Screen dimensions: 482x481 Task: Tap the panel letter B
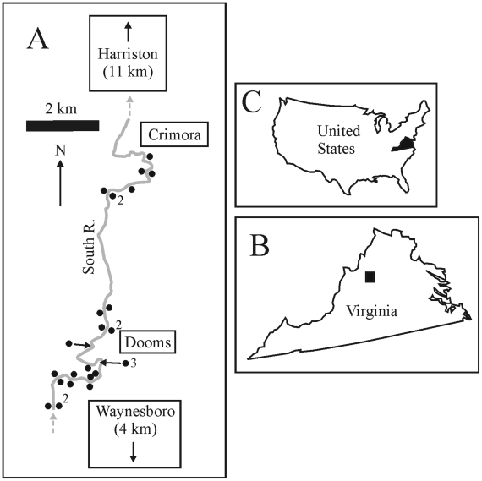[x=260, y=245]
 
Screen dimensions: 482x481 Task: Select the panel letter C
[x=252, y=101]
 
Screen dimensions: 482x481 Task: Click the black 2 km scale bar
[x=63, y=126]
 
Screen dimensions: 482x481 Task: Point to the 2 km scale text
[x=61, y=109]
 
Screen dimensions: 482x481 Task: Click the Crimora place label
[x=174, y=134]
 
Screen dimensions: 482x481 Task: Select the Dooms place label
[x=148, y=342]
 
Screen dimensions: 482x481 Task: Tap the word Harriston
[x=128, y=54]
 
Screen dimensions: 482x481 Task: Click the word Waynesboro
[x=135, y=411]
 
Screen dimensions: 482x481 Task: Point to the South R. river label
[x=89, y=247]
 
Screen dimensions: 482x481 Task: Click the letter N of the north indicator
[x=60, y=150]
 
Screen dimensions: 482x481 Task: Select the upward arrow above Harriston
[x=129, y=31]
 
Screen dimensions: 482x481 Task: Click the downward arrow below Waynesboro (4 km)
[x=133, y=451]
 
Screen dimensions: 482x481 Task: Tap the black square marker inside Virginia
[x=370, y=276]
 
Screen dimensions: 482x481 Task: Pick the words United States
[x=338, y=139]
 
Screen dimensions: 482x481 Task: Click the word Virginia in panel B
[x=371, y=310]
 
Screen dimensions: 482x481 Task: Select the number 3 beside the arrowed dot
[x=133, y=363]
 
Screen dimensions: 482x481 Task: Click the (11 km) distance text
[x=128, y=73]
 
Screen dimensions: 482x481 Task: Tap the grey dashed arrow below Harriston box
[x=130, y=107]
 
